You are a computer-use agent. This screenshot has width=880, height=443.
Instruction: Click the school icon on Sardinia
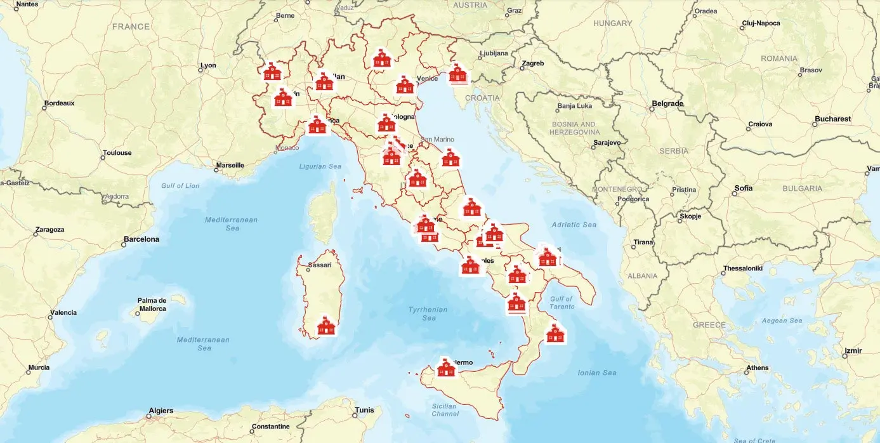pos(326,326)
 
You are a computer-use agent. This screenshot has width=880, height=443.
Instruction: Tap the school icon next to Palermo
pos(447,367)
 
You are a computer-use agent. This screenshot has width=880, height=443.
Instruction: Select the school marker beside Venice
pos(405,85)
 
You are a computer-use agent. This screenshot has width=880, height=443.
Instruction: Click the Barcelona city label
pos(141,239)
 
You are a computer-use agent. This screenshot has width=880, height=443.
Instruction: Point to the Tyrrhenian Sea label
pos(428,314)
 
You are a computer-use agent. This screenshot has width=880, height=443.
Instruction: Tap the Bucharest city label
pos(832,119)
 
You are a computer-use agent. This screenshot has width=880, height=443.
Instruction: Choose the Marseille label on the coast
pos(230,165)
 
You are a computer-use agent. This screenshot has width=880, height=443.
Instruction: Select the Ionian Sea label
pos(597,373)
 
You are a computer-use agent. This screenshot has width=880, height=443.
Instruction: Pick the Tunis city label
pos(364,410)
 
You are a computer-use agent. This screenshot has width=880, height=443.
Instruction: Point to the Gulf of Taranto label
pos(561,303)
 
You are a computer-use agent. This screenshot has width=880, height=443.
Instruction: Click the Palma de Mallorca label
pos(152,305)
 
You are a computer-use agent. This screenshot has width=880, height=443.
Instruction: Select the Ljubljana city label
pos(494,53)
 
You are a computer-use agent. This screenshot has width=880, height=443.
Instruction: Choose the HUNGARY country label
pos(612,23)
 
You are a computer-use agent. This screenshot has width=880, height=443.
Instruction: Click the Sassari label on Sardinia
pos(319,265)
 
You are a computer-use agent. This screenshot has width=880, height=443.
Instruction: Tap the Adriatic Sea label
pos(574,225)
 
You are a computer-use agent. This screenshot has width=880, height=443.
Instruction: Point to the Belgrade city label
pos(667,103)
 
